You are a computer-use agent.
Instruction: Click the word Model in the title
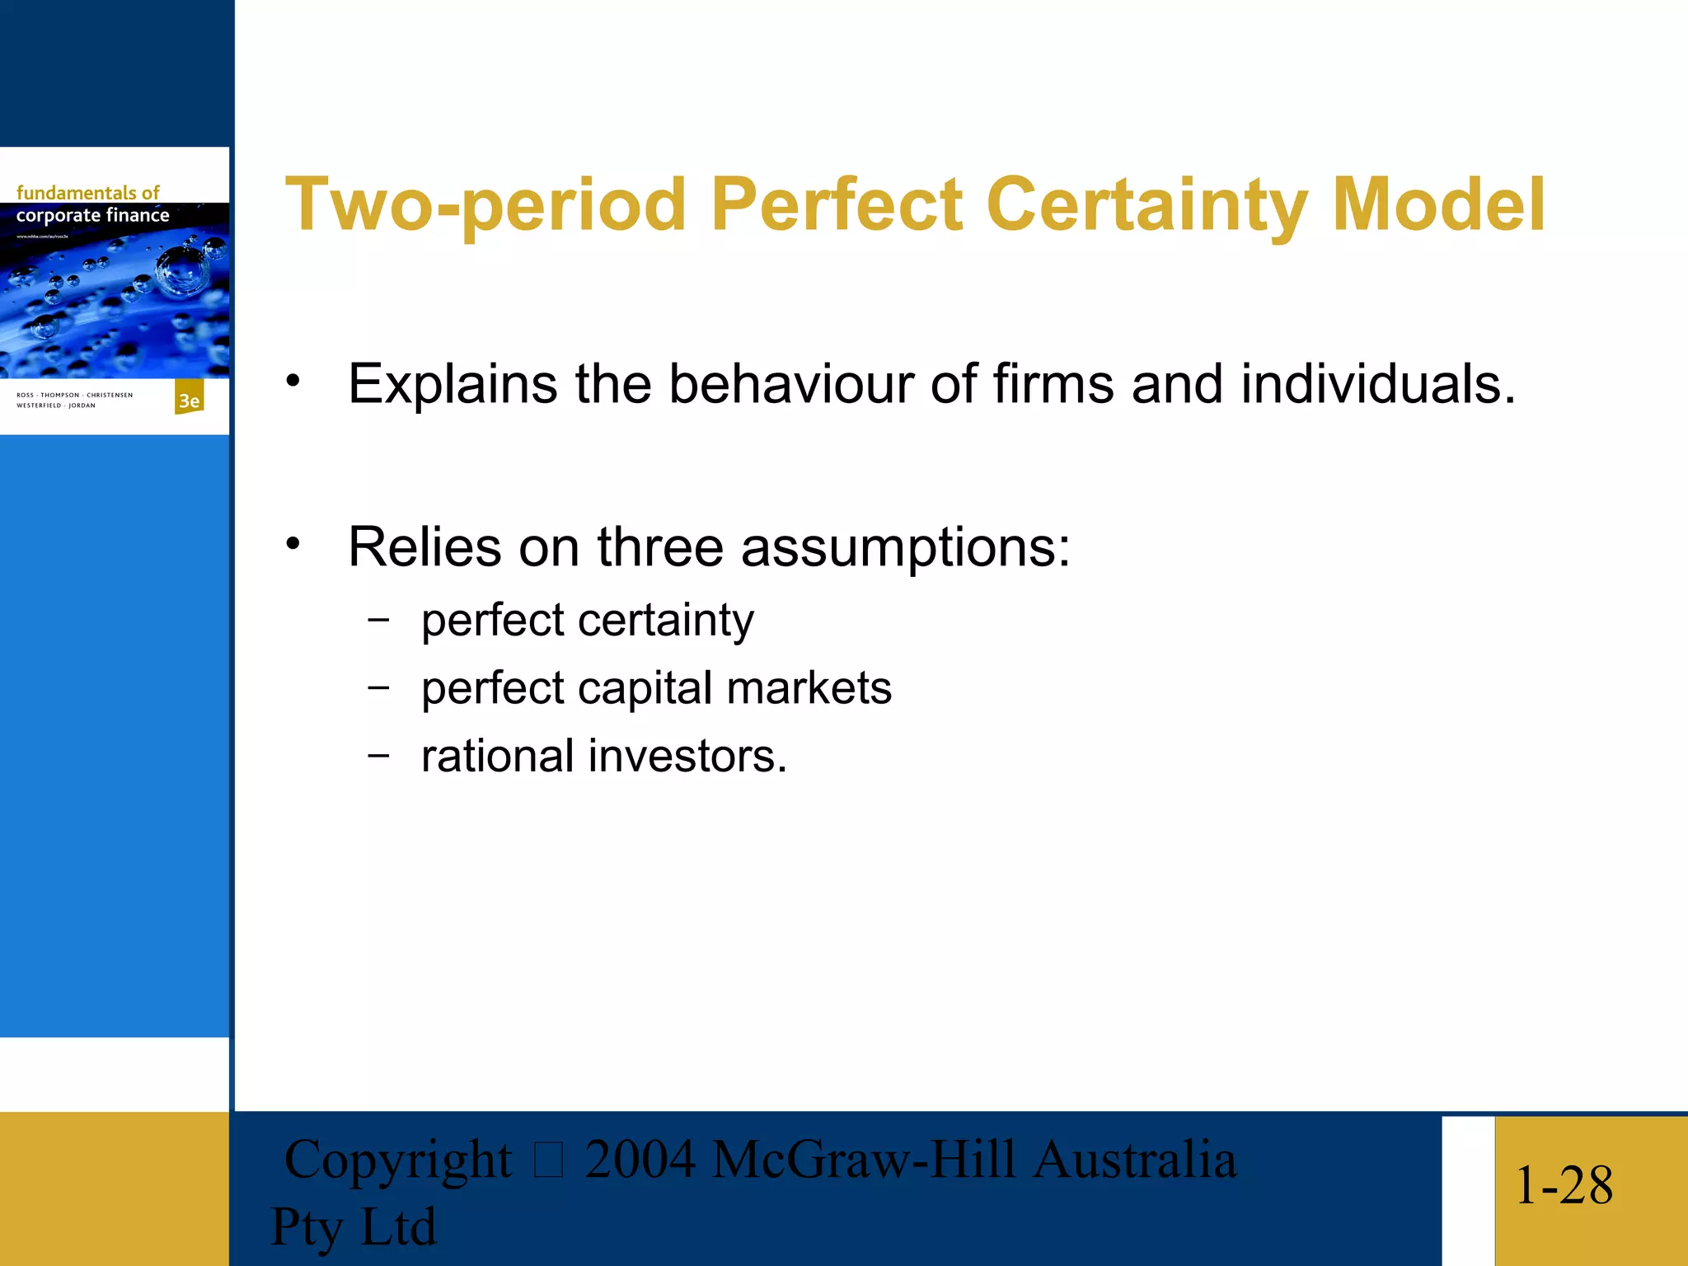click(x=1438, y=204)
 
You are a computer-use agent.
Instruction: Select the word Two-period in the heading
click(x=485, y=204)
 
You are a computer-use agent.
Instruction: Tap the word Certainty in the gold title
click(x=1146, y=204)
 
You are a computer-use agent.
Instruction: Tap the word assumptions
click(x=905, y=548)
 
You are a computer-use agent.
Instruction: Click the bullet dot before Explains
click(x=293, y=381)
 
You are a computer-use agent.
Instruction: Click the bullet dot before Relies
click(x=293, y=544)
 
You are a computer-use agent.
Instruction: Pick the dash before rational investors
click(x=378, y=755)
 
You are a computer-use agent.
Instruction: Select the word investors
click(x=687, y=757)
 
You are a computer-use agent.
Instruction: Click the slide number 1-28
click(x=1564, y=1185)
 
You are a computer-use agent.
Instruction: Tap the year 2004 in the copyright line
click(x=640, y=1160)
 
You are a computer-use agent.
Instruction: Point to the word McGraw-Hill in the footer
click(x=863, y=1160)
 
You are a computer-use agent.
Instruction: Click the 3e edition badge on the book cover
click(x=190, y=400)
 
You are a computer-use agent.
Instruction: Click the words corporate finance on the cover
click(x=92, y=216)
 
